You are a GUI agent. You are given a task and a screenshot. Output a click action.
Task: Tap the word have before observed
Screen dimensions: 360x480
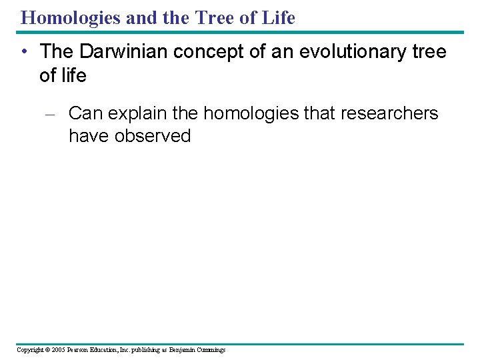click(89, 136)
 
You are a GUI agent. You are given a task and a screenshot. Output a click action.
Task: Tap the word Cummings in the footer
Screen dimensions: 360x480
click(211, 350)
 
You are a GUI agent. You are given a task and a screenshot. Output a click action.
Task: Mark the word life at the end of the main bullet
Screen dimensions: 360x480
click(72, 75)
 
